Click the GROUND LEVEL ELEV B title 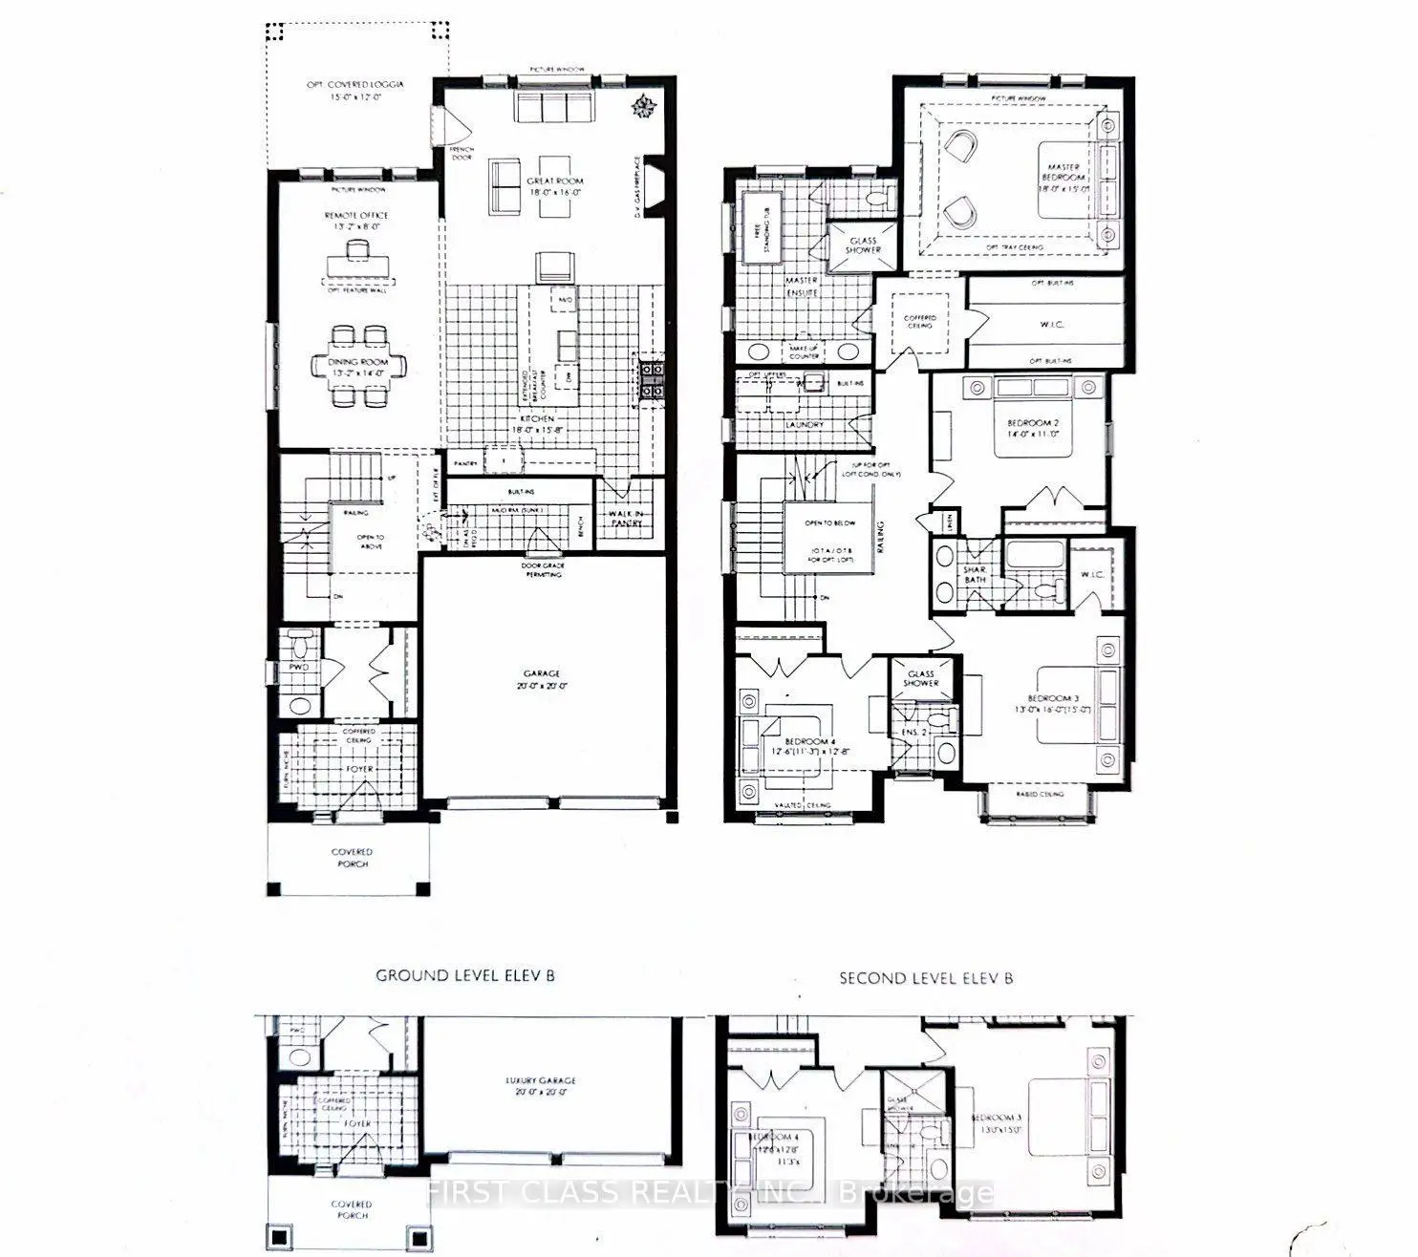point(465,975)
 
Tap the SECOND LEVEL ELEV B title point(926,978)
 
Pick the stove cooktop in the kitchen point(652,377)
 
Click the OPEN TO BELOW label point(828,523)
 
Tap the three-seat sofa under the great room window point(554,108)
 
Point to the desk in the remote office point(357,263)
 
